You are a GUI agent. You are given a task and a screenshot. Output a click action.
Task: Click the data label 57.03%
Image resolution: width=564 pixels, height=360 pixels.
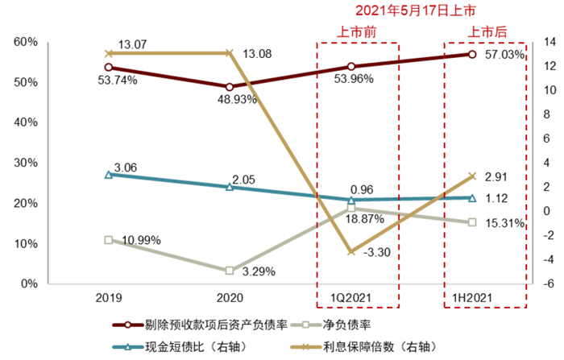pyautogui.click(x=505, y=55)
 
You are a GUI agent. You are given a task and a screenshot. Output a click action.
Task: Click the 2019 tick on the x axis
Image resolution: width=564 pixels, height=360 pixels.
pyautogui.click(x=109, y=298)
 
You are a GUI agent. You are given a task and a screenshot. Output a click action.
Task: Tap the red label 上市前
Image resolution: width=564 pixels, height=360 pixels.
pyautogui.click(x=357, y=33)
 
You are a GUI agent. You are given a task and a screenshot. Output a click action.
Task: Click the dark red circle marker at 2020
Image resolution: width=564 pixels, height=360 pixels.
pyautogui.click(x=230, y=87)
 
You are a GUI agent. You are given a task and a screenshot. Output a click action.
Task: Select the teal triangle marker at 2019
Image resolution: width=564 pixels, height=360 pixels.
pyautogui.click(x=109, y=174)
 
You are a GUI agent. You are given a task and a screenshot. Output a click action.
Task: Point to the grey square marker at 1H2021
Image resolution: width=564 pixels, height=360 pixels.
pyautogui.click(x=472, y=222)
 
